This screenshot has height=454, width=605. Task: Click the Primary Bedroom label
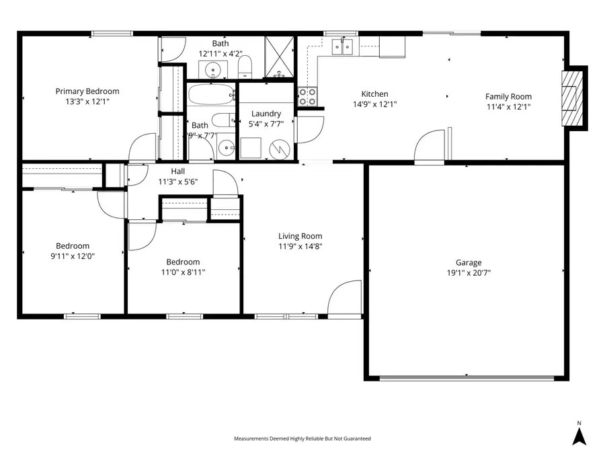pyautogui.click(x=87, y=91)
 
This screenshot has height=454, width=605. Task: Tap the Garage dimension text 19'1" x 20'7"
pyautogui.click(x=469, y=274)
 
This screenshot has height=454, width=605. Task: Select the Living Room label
pyautogui.click(x=300, y=236)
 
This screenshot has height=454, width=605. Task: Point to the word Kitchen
pyautogui.click(x=374, y=94)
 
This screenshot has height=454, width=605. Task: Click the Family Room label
pyautogui.click(x=508, y=97)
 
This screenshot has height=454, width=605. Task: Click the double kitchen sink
pyautogui.click(x=347, y=46)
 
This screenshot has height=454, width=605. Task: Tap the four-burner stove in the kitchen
pyautogui.click(x=308, y=97)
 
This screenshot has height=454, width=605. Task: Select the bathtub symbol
pyautogui.click(x=210, y=95)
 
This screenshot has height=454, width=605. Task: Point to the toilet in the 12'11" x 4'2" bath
pyautogui.click(x=245, y=66)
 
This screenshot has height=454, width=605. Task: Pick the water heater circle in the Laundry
pyautogui.click(x=278, y=148)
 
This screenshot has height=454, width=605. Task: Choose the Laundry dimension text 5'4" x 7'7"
pyautogui.click(x=266, y=124)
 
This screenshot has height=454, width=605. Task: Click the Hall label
pyautogui.click(x=177, y=172)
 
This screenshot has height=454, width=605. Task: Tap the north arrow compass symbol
pyautogui.click(x=579, y=436)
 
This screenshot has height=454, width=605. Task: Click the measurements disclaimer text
pyautogui.click(x=302, y=439)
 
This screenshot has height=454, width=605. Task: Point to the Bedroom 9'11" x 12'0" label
pyautogui.click(x=72, y=246)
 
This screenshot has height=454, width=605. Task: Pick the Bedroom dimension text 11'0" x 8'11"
pyautogui.click(x=183, y=272)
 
